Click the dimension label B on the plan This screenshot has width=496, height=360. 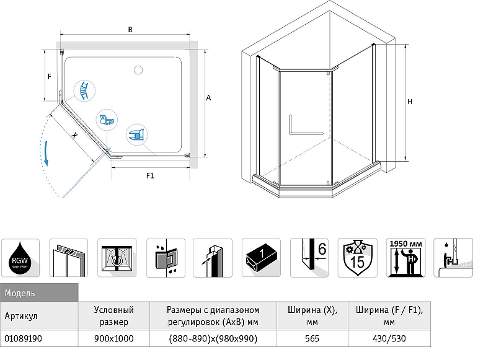coord(129,29)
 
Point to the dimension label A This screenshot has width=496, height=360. coord(209,98)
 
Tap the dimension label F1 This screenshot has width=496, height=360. coord(149,176)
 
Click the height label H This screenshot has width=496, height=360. coord(410,102)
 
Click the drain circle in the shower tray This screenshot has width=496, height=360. coord(137,68)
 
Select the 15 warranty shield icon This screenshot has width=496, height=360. coord(358,257)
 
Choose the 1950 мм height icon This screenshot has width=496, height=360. coord(406,257)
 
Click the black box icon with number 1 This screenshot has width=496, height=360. coord(262,257)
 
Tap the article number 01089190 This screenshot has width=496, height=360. coord(22,338)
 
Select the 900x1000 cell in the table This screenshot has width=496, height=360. coord(113,338)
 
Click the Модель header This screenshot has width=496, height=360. coord(20,292)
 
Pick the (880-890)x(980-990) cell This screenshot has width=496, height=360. coord(213,338)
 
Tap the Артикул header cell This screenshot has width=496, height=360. coord(22,315)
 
